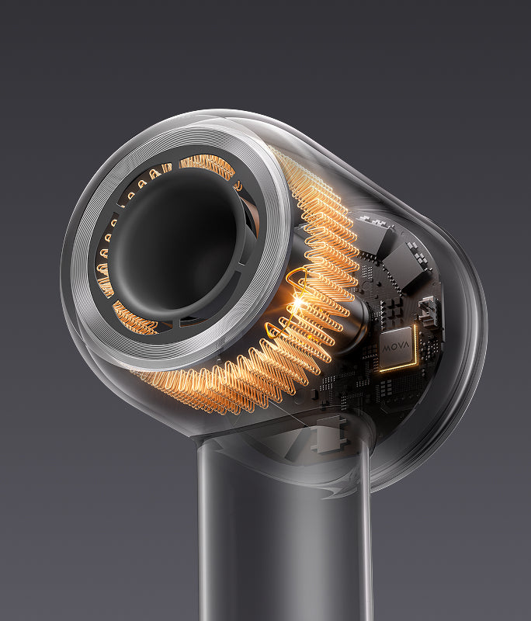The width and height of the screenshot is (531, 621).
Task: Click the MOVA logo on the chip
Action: [x=396, y=348]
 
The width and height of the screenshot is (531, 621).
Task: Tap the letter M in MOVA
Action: [x=386, y=349]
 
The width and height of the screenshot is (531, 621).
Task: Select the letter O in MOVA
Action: [x=393, y=349]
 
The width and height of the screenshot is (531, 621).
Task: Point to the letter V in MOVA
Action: [x=400, y=348]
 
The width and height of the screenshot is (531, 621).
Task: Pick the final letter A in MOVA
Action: [x=406, y=347]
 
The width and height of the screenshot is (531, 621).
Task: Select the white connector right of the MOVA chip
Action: [x=428, y=313]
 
